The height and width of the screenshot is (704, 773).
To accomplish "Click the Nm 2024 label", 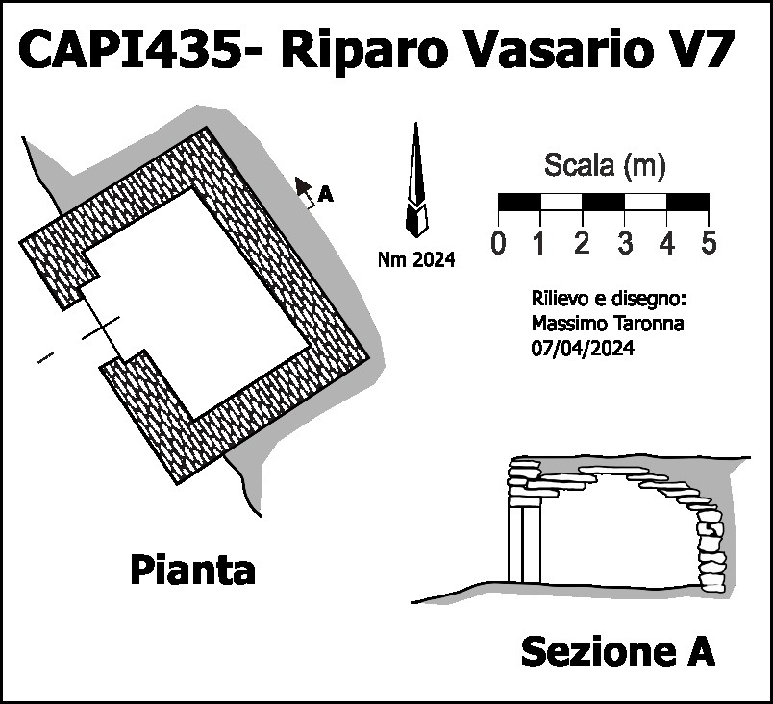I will pyautogui.click(x=416, y=257).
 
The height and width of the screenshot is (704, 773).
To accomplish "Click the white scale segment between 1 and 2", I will pyautogui.click(x=561, y=203).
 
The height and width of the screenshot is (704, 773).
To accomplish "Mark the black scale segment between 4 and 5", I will pyautogui.click(x=687, y=203).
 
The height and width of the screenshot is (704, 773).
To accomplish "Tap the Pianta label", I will pyautogui.click(x=192, y=570).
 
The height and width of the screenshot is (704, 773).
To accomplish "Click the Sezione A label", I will pyautogui.click(x=617, y=652).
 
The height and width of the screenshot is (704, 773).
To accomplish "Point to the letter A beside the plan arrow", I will pyautogui.click(x=326, y=195).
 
